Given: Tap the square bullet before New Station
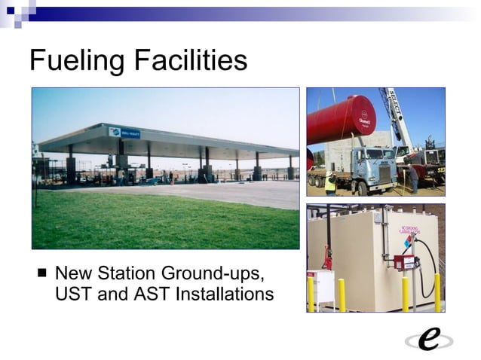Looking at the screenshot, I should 42,273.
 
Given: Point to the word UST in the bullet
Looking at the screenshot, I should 73,294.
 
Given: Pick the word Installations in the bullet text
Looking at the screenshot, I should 225,294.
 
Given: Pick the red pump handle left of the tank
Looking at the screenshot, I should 327,257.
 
